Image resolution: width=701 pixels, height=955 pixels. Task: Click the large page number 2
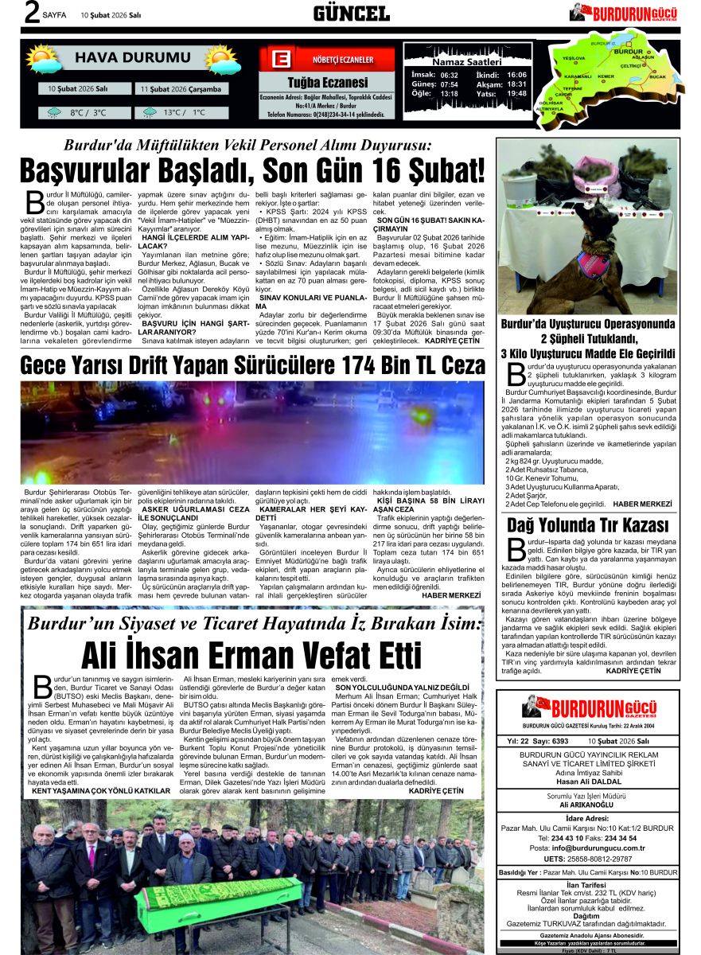[x=32, y=14]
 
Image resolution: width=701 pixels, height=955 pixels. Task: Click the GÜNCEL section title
[x=351, y=13]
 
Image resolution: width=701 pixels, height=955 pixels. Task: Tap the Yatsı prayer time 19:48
[x=516, y=94]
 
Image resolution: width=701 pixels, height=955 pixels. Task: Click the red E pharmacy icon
[x=279, y=60]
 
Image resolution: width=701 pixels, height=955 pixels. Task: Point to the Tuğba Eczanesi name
[x=327, y=83]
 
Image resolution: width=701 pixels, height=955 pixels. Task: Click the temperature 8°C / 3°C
[x=88, y=113]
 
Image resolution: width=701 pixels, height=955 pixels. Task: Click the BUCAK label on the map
[x=656, y=76]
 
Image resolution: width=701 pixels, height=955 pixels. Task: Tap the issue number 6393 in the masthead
[x=560, y=741]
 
